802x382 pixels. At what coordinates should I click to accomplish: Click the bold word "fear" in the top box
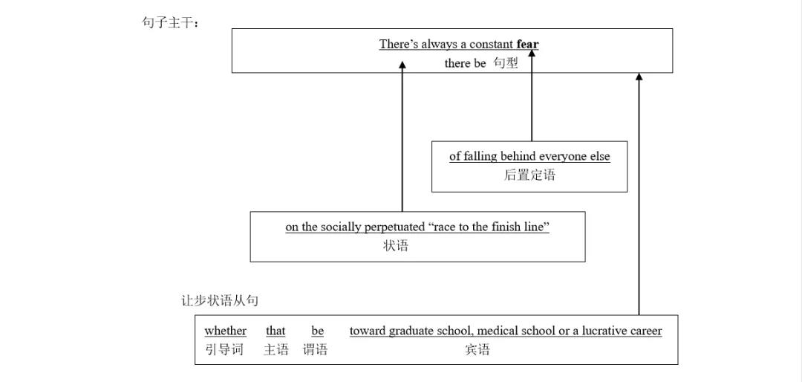(x=527, y=44)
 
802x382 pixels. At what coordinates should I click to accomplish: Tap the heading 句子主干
(x=170, y=22)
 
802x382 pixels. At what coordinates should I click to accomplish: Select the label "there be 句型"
(x=481, y=63)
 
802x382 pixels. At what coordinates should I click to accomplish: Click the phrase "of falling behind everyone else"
(x=529, y=156)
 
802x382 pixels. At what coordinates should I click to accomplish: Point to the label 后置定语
(x=529, y=175)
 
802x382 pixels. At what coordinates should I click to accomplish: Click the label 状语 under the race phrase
(x=396, y=246)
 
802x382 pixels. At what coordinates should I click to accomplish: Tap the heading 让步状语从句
(x=220, y=301)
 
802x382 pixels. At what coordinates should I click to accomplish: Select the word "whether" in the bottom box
(x=225, y=331)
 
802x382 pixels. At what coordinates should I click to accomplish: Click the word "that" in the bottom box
(x=276, y=331)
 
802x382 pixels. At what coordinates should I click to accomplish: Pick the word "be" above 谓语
(x=317, y=331)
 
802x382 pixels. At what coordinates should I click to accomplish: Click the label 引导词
(x=224, y=349)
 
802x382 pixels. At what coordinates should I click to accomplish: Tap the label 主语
(x=276, y=349)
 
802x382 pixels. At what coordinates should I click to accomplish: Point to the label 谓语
(x=315, y=349)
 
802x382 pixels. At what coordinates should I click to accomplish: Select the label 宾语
(x=477, y=349)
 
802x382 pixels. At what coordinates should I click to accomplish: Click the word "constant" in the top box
(x=491, y=44)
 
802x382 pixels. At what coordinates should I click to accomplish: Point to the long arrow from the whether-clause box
(x=639, y=193)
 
